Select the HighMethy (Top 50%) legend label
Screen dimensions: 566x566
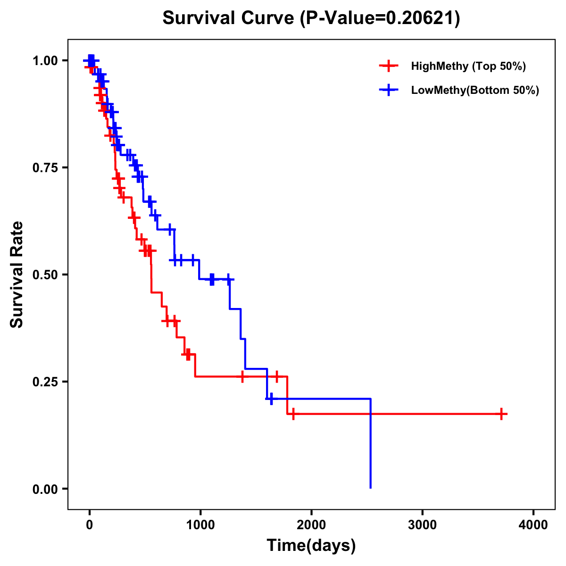(468, 66)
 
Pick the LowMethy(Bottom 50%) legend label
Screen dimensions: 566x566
(475, 90)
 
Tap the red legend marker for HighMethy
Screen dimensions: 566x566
(388, 66)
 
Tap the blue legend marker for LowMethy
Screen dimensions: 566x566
(388, 90)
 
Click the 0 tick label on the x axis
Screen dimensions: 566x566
(89, 525)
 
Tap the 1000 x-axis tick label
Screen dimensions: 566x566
(200, 525)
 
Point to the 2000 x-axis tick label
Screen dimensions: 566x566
(311, 525)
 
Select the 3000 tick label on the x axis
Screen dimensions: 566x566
(422, 525)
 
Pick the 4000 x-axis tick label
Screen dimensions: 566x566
(533, 525)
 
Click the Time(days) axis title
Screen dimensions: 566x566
(311, 546)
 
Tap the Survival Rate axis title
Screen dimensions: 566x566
(17, 275)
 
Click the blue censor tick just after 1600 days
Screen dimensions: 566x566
(271, 399)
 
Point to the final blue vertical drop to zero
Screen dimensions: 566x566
(371, 443)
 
